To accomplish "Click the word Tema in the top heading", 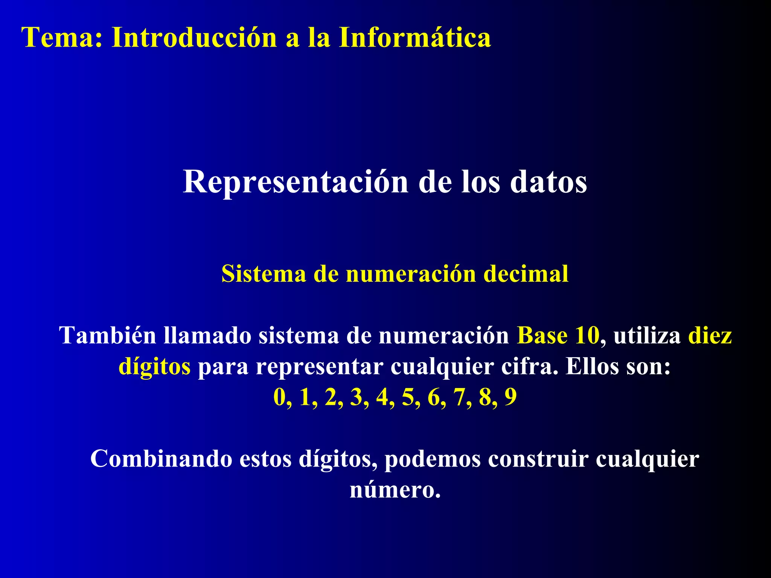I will (57, 38).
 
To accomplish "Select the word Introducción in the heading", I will (194, 38).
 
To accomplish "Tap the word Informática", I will (415, 38).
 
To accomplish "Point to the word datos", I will (549, 182).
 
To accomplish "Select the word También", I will (108, 335).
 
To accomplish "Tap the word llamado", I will (207, 335).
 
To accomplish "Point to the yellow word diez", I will (710, 335).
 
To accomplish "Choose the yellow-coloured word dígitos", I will (155, 367).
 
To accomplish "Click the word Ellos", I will (592, 366).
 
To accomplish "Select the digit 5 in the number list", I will (408, 397).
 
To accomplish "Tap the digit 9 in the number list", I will (510, 397).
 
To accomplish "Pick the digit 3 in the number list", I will (356, 397).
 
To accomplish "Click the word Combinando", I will (161, 459).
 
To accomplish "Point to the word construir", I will (538, 459).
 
